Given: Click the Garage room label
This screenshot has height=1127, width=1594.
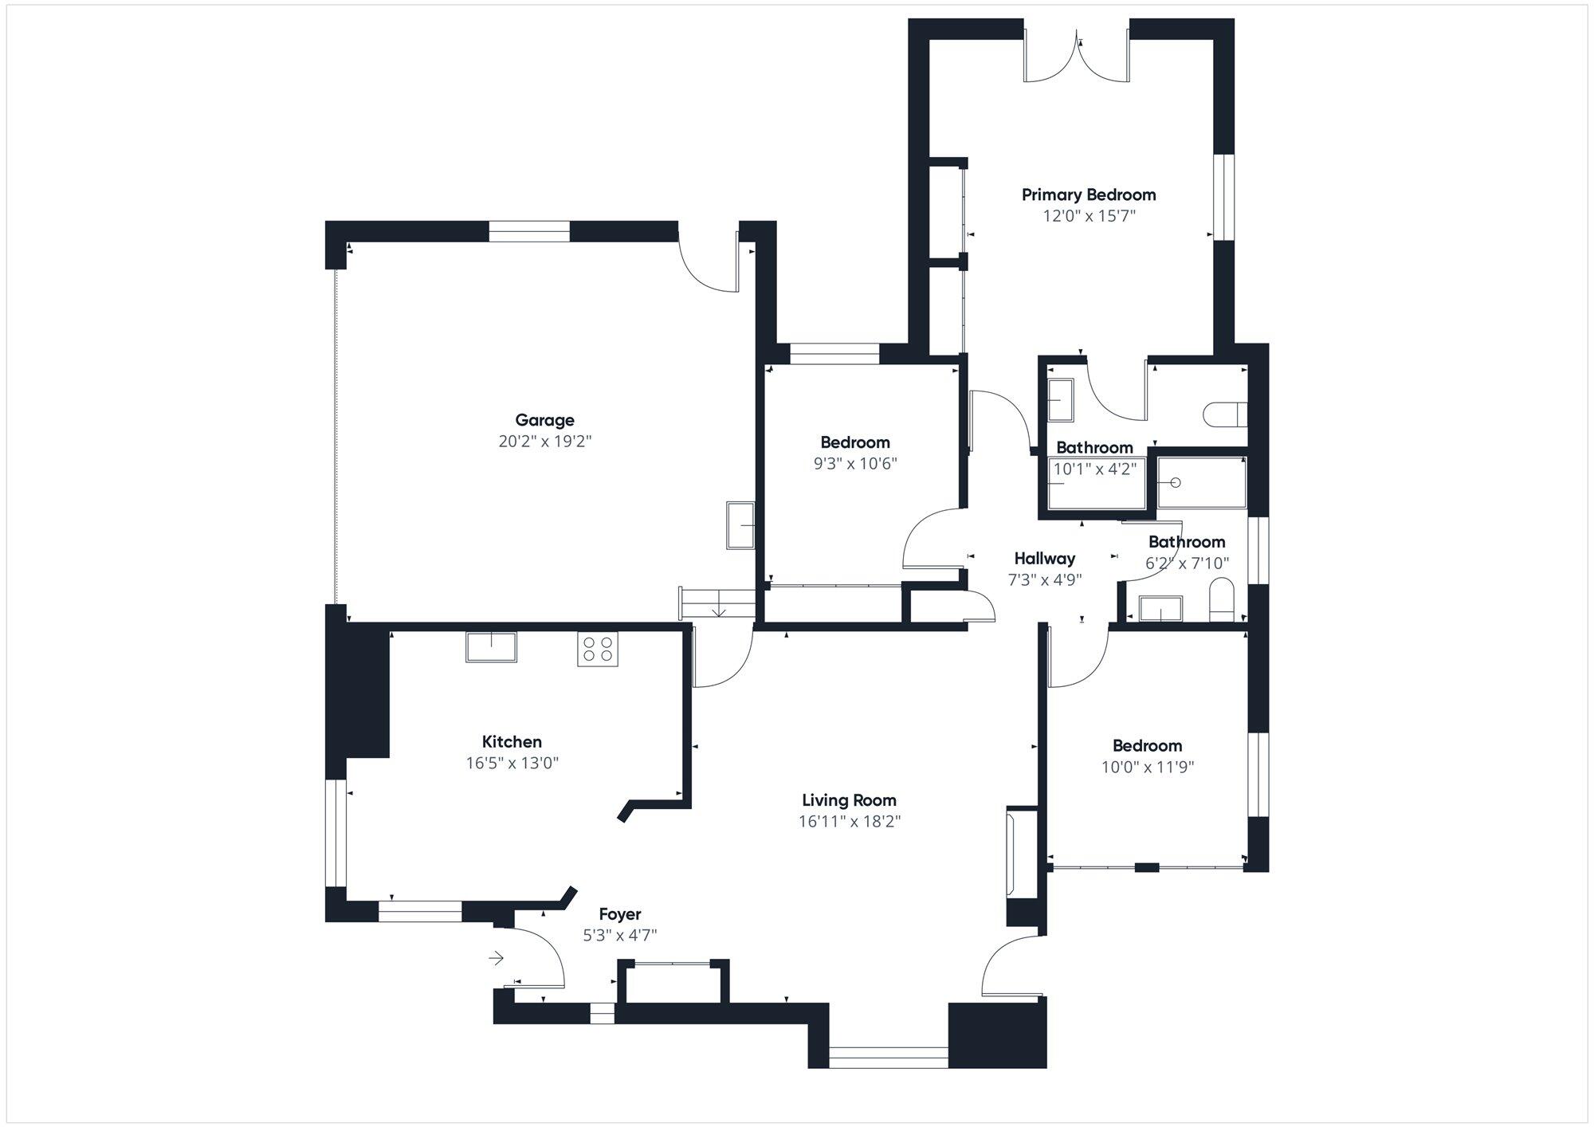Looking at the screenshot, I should click(544, 420).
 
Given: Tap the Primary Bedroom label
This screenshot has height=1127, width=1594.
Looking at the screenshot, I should click(1089, 194).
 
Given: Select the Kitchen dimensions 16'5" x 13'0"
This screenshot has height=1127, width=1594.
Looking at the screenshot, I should click(512, 763).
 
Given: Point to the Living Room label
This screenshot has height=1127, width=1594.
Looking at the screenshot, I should click(849, 800).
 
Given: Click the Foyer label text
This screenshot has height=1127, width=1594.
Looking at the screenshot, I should click(619, 914).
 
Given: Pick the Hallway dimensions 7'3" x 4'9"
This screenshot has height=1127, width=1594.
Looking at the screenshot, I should click(1044, 579).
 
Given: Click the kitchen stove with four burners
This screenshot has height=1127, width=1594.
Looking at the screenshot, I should click(598, 649).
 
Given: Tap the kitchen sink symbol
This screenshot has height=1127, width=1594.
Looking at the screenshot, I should click(491, 646).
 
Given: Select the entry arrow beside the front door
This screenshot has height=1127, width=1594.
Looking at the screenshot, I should click(497, 958).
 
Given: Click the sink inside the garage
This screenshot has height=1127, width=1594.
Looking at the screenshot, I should click(740, 524).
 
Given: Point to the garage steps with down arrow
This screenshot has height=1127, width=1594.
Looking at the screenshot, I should click(717, 603).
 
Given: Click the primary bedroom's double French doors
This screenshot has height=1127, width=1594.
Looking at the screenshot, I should click(1077, 56).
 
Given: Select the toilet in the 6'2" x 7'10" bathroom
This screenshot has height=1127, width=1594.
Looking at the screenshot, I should click(1221, 599).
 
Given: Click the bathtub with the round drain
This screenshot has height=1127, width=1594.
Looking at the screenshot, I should click(1201, 482).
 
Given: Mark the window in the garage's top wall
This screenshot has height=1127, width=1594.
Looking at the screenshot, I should click(529, 231).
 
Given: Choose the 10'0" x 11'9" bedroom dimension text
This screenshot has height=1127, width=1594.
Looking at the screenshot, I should click(1147, 767).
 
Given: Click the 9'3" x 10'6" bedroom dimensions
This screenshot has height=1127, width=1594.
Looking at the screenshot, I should click(855, 463).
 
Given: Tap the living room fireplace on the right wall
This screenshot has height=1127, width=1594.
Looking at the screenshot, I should click(1021, 853).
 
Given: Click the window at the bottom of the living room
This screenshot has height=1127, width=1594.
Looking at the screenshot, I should click(888, 1058).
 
